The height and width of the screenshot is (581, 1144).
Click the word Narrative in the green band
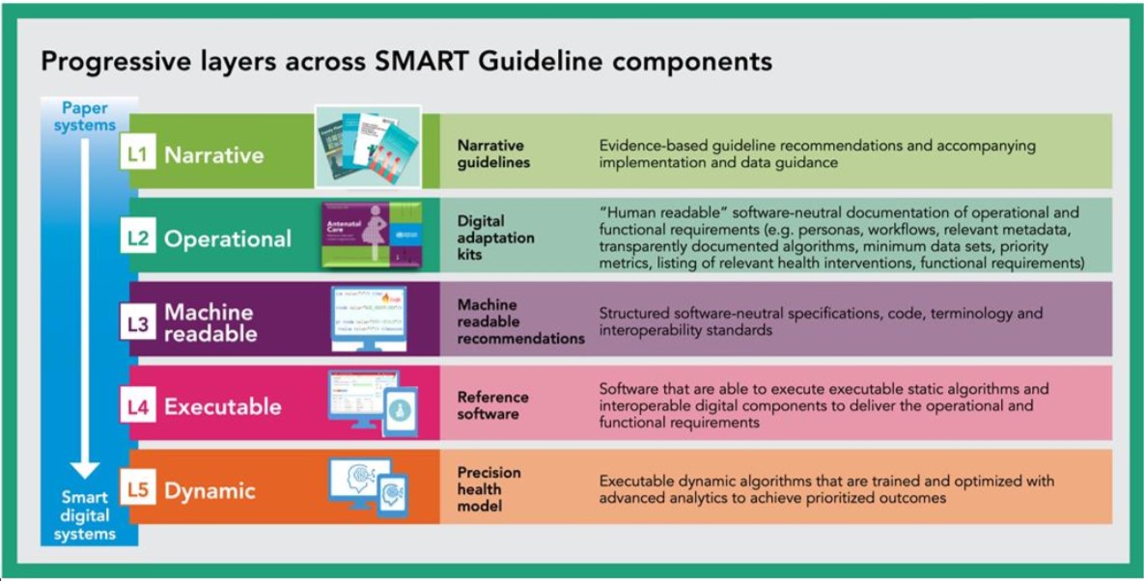coord(214,154)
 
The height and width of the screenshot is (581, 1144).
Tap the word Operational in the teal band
coord(228,239)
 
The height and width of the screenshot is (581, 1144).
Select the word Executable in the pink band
coord(223,407)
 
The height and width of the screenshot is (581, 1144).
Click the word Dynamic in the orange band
coord(209,491)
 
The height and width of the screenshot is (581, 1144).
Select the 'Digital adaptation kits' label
coord(494,238)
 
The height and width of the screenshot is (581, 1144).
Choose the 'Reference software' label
coord(492,405)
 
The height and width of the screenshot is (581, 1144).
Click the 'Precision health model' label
coord(488,489)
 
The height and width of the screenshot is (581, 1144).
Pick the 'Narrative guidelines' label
coord(493,153)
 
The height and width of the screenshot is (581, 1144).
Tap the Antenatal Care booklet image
coord(371,234)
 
